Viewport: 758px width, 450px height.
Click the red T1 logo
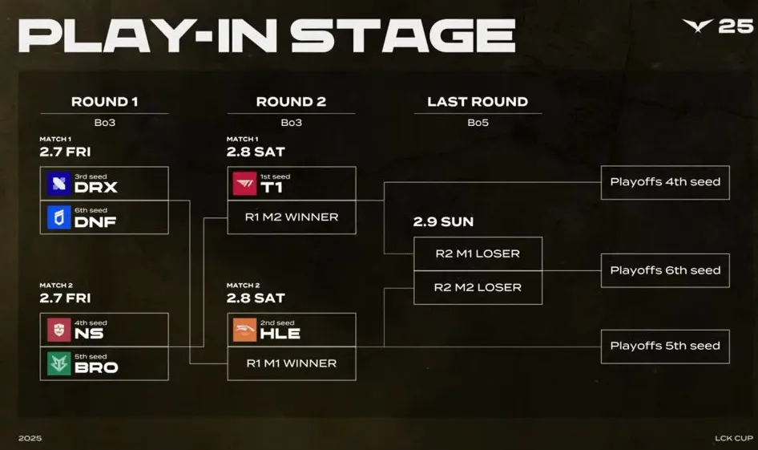(245, 184)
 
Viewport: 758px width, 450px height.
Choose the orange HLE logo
(245, 330)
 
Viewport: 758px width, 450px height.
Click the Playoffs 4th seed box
(665, 182)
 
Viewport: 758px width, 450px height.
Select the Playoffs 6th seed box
(665, 270)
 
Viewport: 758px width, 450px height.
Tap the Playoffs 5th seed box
(665, 346)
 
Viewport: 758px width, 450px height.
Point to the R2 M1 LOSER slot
(478, 253)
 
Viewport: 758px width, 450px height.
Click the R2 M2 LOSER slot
(478, 287)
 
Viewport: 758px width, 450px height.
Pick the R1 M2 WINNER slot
(292, 217)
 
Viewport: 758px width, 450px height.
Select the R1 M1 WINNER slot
(292, 363)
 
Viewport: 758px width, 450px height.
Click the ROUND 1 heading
(104, 102)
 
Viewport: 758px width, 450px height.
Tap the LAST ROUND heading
(478, 102)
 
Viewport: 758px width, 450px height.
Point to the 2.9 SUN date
(444, 221)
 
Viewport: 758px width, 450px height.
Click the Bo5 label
(478, 123)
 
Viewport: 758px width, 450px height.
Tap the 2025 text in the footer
(30, 438)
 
